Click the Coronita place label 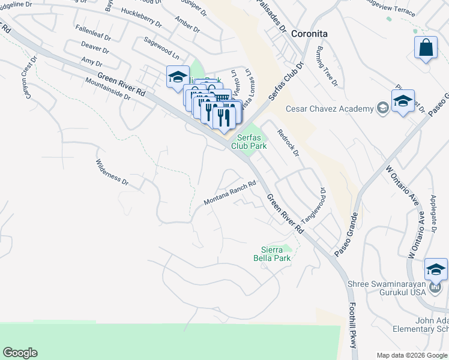[x=309, y=34]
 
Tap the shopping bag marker [x=426, y=48]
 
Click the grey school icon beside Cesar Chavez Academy [x=381, y=108]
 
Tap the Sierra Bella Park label [x=276, y=254]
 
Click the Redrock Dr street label [x=288, y=142]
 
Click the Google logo [x=20, y=353]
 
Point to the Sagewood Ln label [x=162, y=47]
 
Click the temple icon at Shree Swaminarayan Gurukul [x=435, y=289]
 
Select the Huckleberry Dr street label [x=141, y=18]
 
